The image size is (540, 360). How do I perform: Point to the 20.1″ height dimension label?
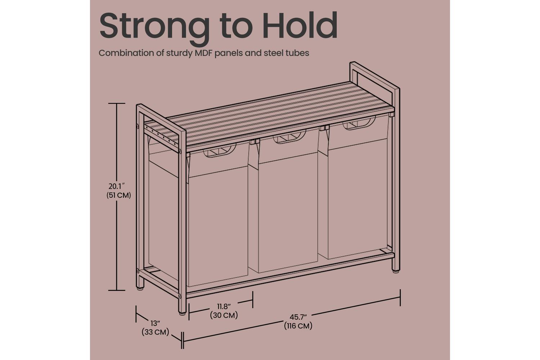click(117, 186)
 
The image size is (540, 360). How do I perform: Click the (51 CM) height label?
click(118, 195)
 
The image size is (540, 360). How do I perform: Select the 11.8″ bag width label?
click(224, 306)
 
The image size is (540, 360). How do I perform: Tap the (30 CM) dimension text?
click(224, 315)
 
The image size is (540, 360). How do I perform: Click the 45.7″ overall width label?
click(298, 317)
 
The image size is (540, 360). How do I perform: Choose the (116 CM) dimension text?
click(298, 326)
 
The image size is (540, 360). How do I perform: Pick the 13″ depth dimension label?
click(156, 323)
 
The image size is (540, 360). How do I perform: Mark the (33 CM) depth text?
click(156, 332)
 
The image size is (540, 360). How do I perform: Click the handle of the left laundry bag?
click(219, 152)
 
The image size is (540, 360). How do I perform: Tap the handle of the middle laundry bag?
click(289, 137)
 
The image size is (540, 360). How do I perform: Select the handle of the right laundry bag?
click(359, 123)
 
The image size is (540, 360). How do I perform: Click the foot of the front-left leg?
click(182, 314)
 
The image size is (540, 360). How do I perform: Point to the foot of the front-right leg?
click(396, 271)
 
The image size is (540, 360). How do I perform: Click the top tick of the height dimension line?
click(117, 103)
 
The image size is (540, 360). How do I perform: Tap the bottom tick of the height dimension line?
click(117, 290)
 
